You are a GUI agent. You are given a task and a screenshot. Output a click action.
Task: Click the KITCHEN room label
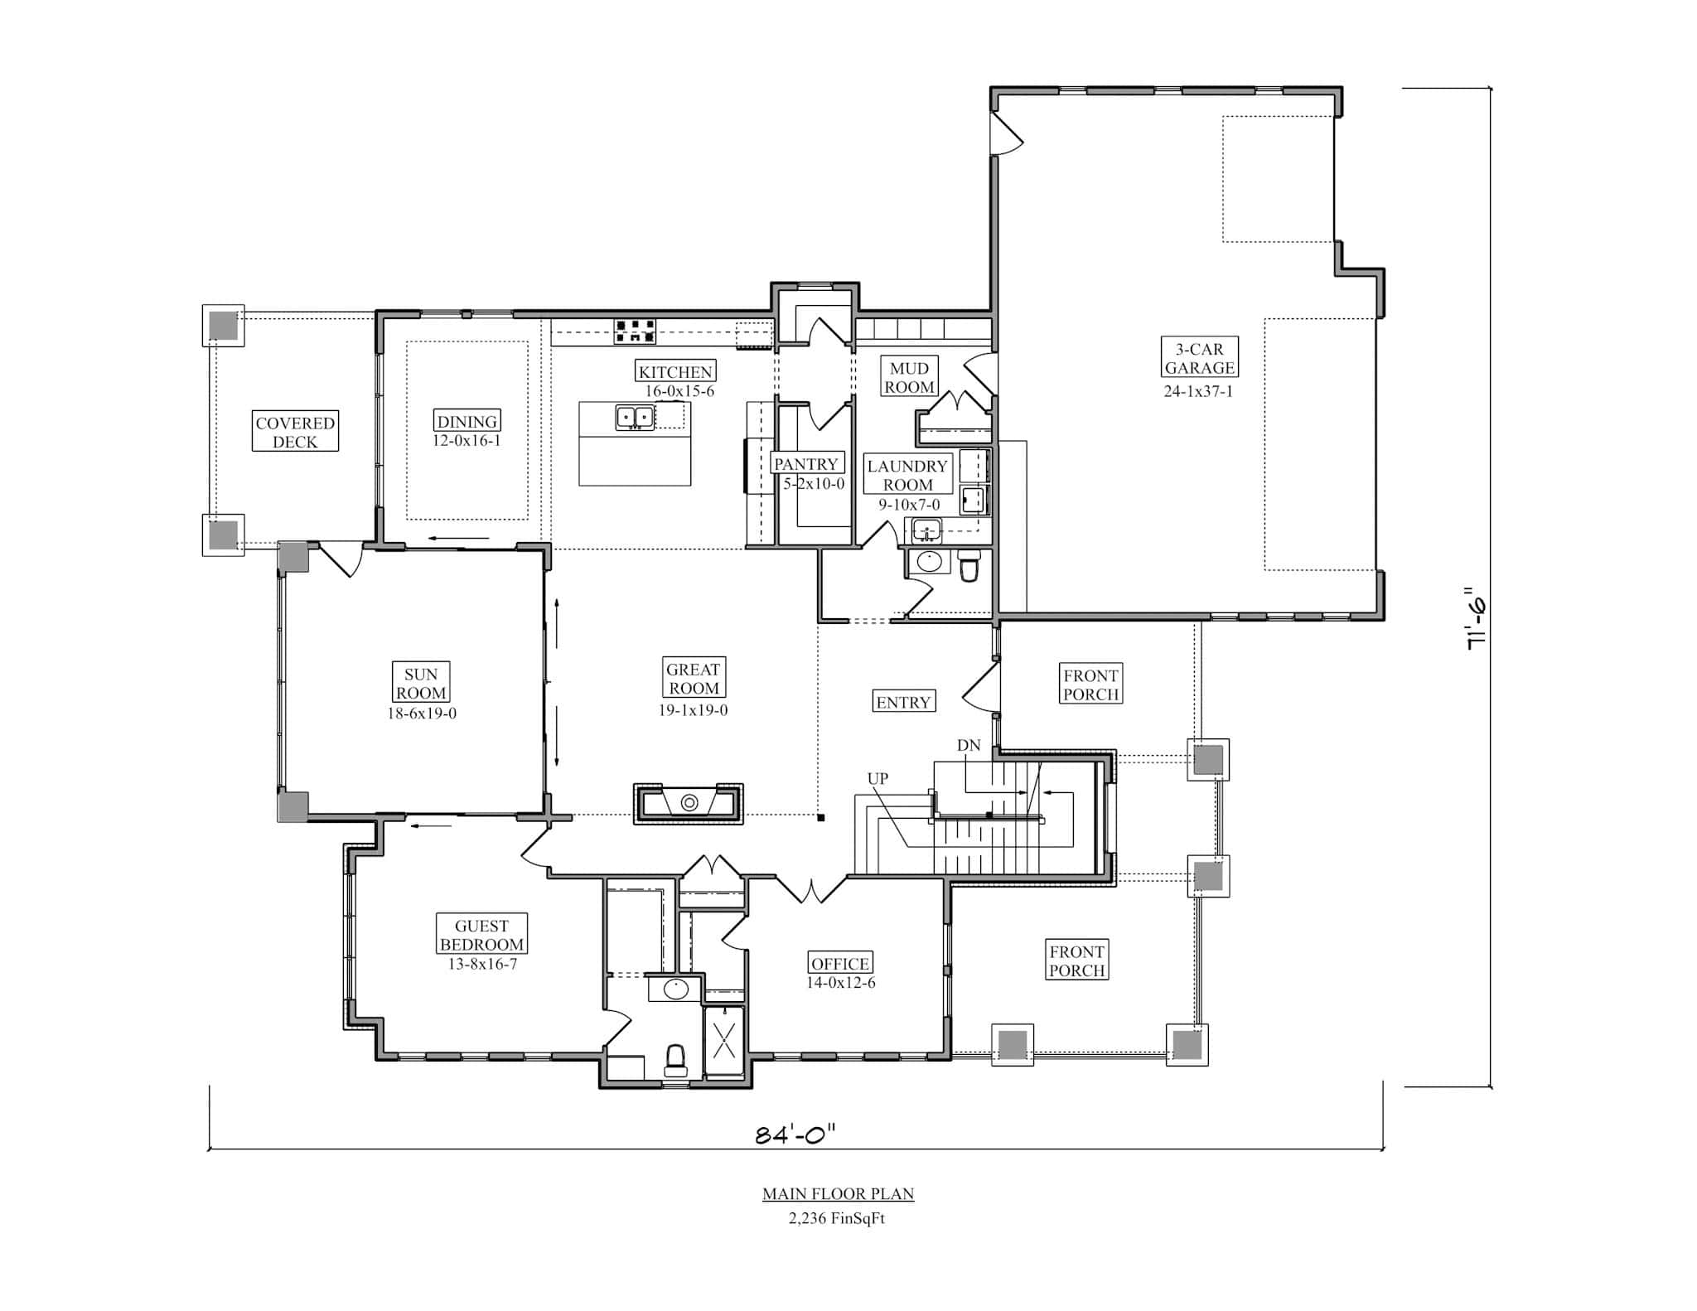[675, 371]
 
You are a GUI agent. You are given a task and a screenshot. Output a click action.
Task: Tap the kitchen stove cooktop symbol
[635, 331]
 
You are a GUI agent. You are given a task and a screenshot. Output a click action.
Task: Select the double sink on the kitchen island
[635, 417]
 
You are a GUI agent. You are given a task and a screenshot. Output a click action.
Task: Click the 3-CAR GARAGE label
[1199, 358]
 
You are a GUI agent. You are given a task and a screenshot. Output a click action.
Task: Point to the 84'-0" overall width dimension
[795, 1134]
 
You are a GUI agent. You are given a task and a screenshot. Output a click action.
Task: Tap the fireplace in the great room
[689, 803]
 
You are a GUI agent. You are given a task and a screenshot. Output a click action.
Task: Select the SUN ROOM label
[421, 683]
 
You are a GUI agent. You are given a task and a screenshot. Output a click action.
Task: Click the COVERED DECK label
[295, 432]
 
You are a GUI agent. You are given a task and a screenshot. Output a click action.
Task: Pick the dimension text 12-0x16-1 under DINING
[467, 441]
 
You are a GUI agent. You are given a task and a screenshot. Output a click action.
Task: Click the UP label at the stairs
[878, 779]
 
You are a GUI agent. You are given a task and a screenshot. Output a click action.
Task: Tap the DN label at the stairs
[969, 746]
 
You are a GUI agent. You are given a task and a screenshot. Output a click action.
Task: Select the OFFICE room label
[840, 963]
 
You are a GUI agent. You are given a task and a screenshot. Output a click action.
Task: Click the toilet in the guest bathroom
[675, 1058]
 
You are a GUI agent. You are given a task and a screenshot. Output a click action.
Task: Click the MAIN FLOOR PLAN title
[838, 1194]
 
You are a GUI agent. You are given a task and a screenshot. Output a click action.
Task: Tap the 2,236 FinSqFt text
[837, 1218]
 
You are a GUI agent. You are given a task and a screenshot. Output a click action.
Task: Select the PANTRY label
[805, 464]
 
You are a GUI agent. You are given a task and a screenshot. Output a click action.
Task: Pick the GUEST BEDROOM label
[481, 935]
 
